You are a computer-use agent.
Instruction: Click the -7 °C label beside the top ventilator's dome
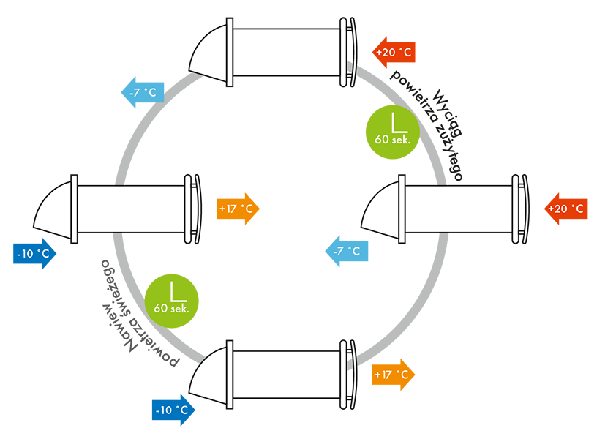coord(142,93)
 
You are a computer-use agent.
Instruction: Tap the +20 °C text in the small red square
coord(566,209)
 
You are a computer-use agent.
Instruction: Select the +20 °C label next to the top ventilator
coord(393,53)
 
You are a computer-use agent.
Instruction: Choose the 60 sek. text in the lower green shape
coord(172,309)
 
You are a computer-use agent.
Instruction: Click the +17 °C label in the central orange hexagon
coord(236,209)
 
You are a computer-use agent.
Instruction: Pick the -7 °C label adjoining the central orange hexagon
coord(346,252)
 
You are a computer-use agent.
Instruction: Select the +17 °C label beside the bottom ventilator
coord(391,375)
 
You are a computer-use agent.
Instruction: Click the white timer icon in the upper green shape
coord(399,121)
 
